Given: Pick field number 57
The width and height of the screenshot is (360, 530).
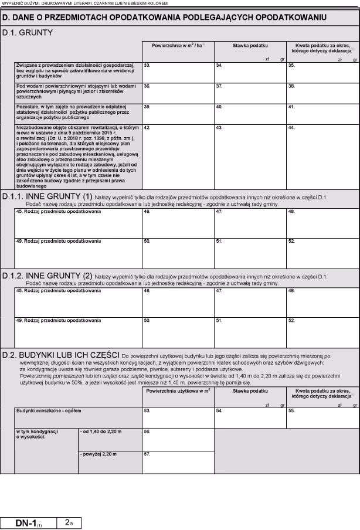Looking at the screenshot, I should pos(178,461).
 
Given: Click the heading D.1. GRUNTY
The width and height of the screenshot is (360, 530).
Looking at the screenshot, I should pos(28,33).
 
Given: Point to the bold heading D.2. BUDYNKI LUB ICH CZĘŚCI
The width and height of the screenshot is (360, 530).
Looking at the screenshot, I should pos(62,355).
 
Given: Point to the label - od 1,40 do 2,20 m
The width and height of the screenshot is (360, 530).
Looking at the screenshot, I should pos(101,432).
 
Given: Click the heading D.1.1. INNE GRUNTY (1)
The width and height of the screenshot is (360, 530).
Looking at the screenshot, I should pos(47,196).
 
